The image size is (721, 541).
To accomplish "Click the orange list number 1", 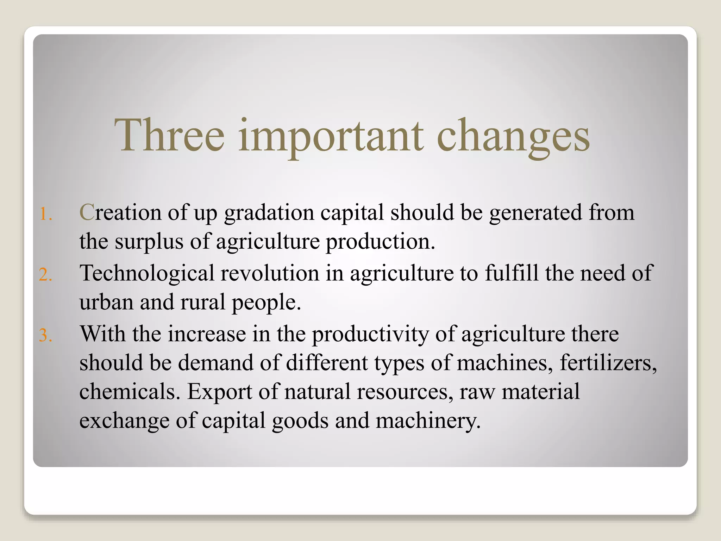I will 45,214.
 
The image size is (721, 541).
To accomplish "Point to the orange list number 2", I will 45,274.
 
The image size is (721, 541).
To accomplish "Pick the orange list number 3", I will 45,335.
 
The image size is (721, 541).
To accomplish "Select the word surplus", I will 149,242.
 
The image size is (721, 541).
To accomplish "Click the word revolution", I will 269,273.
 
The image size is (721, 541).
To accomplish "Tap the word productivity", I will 370,335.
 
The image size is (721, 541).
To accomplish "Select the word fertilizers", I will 608,363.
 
